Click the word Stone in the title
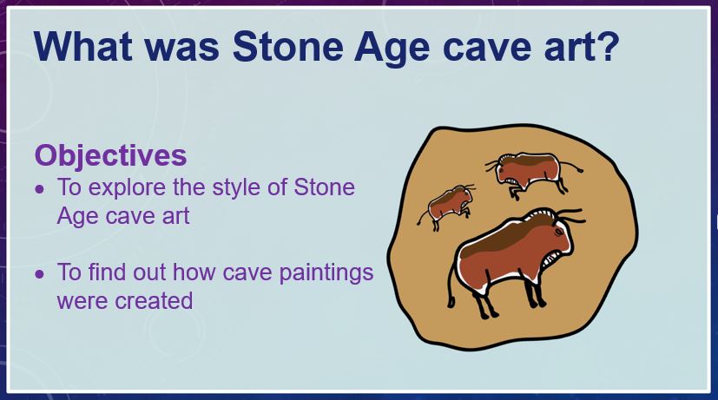tap(287, 46)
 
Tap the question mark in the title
tap(607, 46)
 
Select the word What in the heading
tap(83, 46)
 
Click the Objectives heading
tap(110, 155)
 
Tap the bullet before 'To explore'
tap(40, 189)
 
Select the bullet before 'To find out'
tap(40, 274)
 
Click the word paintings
tap(326, 272)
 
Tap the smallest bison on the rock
tap(445, 207)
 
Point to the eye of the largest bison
tap(558, 232)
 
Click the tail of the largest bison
tap(451, 284)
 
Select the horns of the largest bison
tap(570, 215)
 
